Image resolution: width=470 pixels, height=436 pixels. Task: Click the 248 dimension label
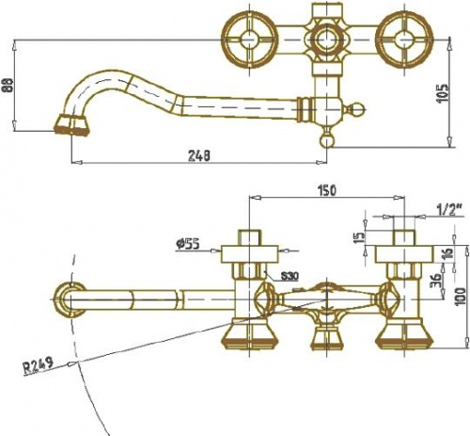coord(199,155)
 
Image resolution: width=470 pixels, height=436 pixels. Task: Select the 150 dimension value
coord(326,190)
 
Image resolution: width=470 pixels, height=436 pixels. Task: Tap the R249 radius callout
coord(39,366)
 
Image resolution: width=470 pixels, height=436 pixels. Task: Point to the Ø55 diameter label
coord(187,244)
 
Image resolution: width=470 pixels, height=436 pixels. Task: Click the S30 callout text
coord(290,276)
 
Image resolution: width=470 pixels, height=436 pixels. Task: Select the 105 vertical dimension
coord(444,93)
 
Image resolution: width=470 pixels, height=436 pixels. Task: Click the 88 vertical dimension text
coord(9,85)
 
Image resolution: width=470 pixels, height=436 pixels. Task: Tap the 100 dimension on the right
coord(461,297)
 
